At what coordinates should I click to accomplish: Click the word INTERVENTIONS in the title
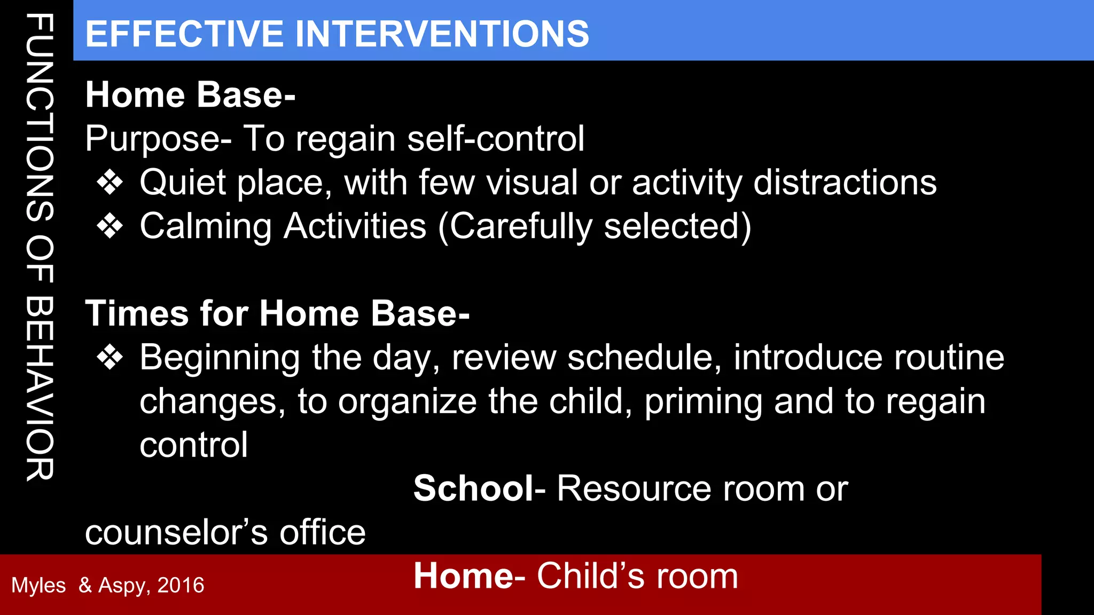point(442,34)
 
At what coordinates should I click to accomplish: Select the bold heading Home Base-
point(190,95)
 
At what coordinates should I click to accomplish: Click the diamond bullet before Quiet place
point(110,183)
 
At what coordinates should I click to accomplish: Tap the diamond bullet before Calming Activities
point(110,227)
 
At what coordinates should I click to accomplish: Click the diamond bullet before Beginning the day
point(110,358)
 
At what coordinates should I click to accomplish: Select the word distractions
point(845,183)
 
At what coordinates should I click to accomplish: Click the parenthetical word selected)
point(677,227)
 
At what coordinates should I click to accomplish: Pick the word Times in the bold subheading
point(137,313)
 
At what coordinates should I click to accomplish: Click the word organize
point(407,402)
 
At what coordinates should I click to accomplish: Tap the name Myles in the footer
point(38,586)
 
